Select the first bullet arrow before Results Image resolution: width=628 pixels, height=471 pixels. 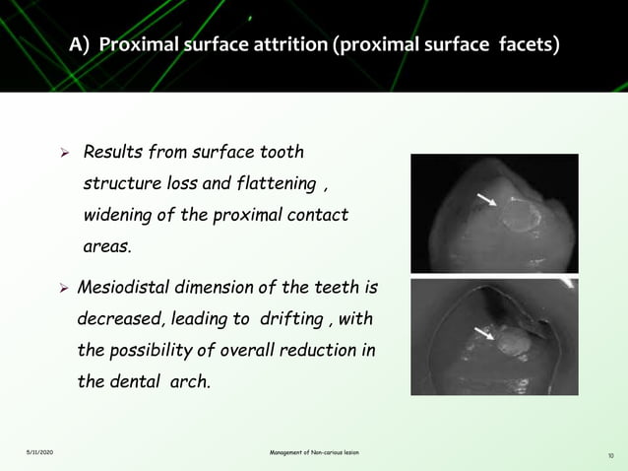[x=65, y=154]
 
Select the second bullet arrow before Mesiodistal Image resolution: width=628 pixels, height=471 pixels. [x=65, y=289]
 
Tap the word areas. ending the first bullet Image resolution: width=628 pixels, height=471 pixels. [x=107, y=244]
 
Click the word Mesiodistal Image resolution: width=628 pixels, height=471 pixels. [x=129, y=288]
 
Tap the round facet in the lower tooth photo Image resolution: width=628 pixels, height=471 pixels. [x=511, y=343]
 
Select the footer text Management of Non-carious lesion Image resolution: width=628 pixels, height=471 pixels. [x=314, y=452]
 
